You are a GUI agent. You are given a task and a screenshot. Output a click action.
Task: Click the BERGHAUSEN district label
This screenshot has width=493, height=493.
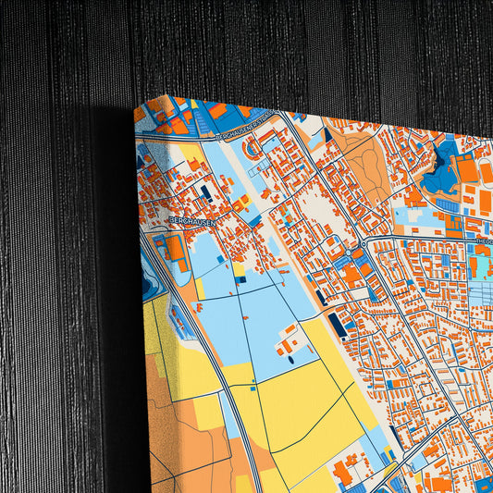192,221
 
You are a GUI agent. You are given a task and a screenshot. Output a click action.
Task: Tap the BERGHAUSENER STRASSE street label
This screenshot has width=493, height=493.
246,137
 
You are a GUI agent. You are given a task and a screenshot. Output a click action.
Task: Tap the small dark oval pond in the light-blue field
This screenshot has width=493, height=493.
290,359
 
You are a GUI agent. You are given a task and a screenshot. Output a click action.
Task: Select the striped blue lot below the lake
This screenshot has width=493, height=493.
448,205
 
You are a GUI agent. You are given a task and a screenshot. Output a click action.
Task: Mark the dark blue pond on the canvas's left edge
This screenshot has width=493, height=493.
148,286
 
